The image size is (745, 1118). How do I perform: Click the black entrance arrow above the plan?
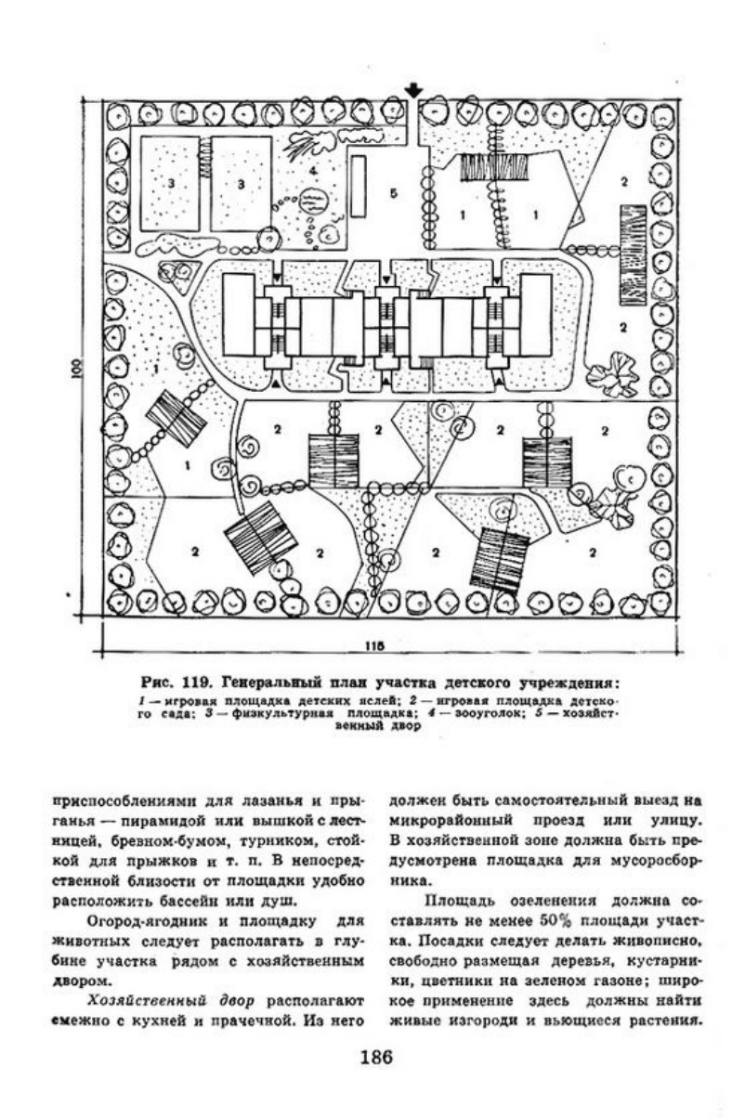tap(414, 91)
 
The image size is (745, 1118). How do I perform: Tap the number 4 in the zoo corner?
tap(313, 171)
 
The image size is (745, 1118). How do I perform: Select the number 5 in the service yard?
tap(394, 194)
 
